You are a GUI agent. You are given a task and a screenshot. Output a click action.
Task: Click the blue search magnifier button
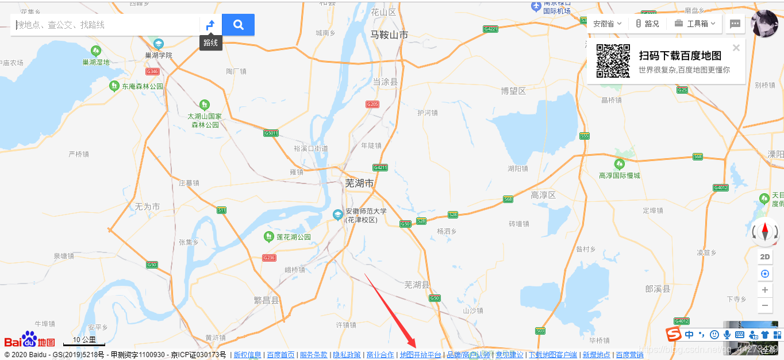[238, 25]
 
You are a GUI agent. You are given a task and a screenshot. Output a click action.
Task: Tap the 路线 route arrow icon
[210, 25]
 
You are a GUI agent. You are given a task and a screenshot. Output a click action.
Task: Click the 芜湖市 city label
[359, 183]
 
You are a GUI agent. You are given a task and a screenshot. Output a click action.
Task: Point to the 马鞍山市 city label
[389, 35]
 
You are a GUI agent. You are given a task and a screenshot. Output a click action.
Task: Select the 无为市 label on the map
[147, 206]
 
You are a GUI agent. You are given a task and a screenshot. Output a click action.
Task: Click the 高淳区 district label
[543, 195]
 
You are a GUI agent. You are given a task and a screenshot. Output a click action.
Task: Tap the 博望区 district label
[513, 91]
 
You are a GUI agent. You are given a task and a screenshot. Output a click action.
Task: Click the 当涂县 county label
[385, 82]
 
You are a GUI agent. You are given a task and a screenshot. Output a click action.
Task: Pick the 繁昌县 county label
[266, 300]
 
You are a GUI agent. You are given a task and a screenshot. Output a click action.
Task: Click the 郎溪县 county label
[658, 289]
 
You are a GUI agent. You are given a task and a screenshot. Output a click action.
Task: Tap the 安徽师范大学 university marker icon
[337, 215]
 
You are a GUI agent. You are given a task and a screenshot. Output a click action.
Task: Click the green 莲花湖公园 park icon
[268, 236]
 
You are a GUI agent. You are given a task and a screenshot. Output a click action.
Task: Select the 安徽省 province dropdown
[607, 24]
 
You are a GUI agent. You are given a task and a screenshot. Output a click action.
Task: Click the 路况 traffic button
[647, 24]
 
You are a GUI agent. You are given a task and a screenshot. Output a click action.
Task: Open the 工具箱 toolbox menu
[695, 24]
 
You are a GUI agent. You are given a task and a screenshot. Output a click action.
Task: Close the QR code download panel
[736, 48]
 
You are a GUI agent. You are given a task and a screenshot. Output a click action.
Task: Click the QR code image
[613, 61]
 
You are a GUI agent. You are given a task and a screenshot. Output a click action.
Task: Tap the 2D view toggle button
[765, 257]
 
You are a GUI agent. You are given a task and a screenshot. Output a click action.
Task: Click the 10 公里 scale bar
[84, 341]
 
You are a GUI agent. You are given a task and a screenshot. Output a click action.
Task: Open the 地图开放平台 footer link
[420, 355]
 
